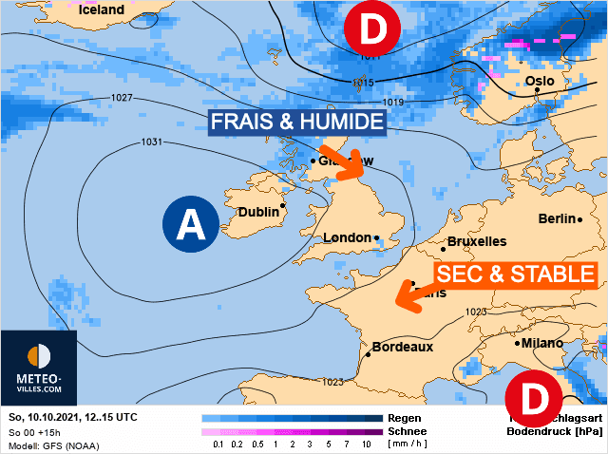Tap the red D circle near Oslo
pyautogui.click(x=375, y=30)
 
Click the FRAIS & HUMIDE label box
pyautogui.click(x=296, y=123)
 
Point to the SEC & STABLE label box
pyautogui.click(x=515, y=276)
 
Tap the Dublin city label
pyautogui.click(x=258, y=213)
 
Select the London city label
pyautogui.click(x=347, y=238)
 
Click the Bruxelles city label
pyautogui.click(x=476, y=241)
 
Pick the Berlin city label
pyautogui.click(x=558, y=218)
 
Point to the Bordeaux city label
pyautogui.click(x=402, y=348)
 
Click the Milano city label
pyautogui.click(x=541, y=343)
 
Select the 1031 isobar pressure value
pyautogui.click(x=152, y=143)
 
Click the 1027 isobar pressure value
pyautogui.click(x=122, y=98)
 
